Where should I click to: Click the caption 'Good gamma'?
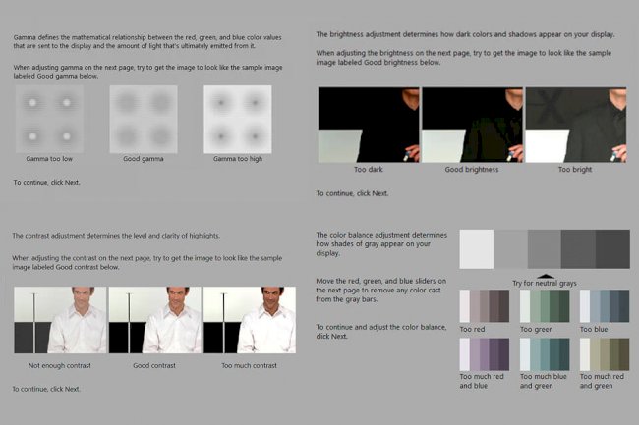tap(143, 158)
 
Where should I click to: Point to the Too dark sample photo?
tap(369, 125)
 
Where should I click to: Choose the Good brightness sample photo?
tap(472, 125)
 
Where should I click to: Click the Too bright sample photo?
tap(575, 125)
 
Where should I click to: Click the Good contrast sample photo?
tap(153, 320)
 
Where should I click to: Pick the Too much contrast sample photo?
tap(249, 320)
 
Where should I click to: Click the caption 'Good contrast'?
tap(153, 365)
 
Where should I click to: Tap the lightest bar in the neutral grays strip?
tap(477, 249)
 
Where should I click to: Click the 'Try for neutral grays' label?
tap(544, 284)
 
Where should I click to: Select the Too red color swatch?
tap(485, 306)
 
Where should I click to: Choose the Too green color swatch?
tap(544, 306)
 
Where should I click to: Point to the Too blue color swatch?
tap(604, 306)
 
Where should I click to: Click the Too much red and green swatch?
tap(604, 353)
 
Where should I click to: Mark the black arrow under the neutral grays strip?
tap(544, 275)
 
